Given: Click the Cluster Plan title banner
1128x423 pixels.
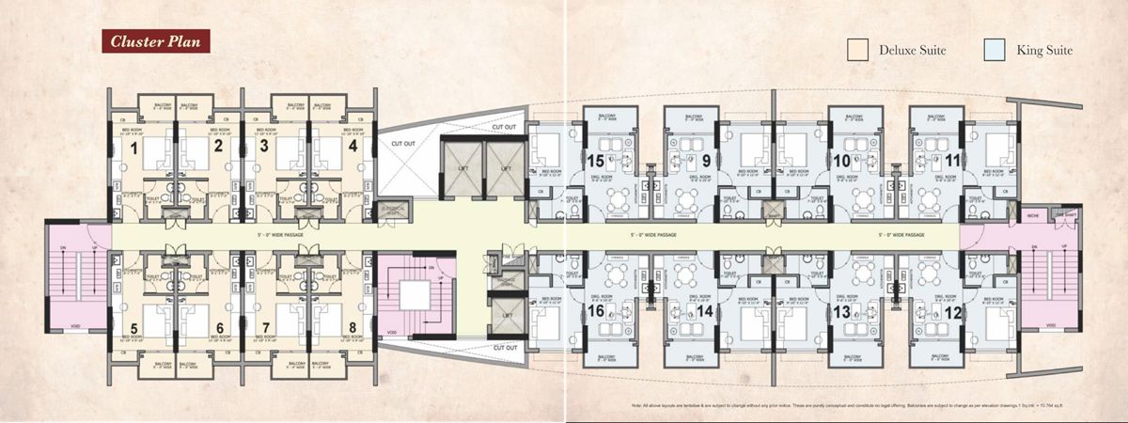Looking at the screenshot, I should [x=152, y=40].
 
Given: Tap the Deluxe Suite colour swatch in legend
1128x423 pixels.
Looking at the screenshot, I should [x=856, y=50].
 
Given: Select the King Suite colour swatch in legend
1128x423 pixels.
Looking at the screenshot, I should [x=995, y=50].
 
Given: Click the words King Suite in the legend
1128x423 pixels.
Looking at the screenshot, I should [x=1044, y=50].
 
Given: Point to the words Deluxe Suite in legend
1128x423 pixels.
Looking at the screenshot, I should [x=912, y=50].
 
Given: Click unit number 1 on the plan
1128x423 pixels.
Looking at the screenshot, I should [x=134, y=148].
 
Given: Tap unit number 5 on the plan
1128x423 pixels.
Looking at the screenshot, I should [x=134, y=328].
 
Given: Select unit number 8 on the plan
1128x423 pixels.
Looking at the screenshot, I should [x=352, y=328].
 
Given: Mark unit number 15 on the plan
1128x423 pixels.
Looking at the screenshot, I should [x=595, y=161].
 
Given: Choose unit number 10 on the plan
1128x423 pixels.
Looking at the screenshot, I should [x=841, y=161].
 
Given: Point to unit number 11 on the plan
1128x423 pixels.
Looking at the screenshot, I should [x=953, y=161].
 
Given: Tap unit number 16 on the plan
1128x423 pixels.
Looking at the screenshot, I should [x=595, y=311].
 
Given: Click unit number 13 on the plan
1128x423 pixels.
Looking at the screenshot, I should [x=841, y=311].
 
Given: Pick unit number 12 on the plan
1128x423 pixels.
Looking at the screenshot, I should [x=953, y=311].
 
